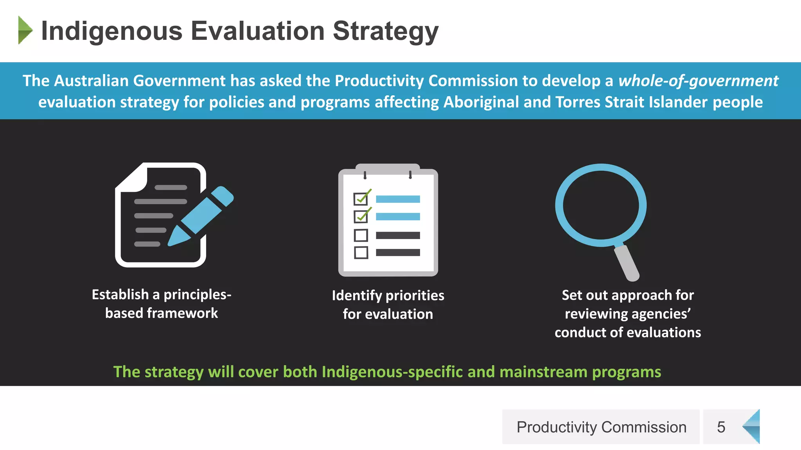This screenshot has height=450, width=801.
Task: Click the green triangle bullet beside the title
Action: coord(25,30)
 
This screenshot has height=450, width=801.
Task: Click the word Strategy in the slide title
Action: coord(385,31)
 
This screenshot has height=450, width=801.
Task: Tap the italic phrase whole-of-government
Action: coord(698,81)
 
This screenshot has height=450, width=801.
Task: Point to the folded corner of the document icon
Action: coord(133,178)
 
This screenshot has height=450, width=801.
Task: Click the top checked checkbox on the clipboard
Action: coord(361,198)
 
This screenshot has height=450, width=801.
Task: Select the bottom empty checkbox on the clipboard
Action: coord(361,253)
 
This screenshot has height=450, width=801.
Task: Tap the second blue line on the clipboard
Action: coord(398,216)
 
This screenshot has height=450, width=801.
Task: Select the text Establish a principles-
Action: coord(162,295)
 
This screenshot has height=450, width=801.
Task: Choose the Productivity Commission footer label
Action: coord(601,427)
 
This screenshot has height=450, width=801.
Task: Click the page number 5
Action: coord(721,427)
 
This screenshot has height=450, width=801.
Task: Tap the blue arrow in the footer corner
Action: coord(752,427)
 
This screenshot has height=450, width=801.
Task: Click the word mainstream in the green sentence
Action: coord(543,372)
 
